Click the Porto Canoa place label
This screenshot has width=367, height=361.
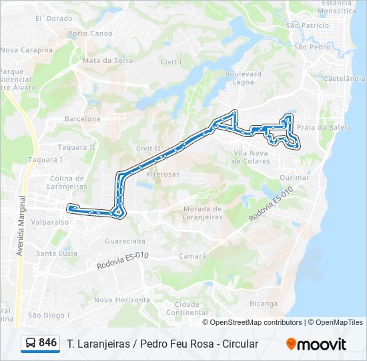[90, 33]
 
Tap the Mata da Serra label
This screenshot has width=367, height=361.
[107, 60]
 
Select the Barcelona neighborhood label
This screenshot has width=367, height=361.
[82, 119]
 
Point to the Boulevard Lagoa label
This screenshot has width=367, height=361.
[244, 78]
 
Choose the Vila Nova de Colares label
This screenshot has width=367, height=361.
[251, 157]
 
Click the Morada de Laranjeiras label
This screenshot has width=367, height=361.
[202, 213]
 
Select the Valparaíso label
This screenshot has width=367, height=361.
[51, 221]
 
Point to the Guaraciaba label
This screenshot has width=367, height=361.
[126, 240]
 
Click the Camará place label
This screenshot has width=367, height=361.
[193, 256]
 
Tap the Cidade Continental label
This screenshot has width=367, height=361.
[183, 308]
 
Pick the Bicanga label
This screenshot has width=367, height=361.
[263, 304]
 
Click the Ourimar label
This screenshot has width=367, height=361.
[294, 178]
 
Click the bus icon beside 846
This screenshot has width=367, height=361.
[31, 343]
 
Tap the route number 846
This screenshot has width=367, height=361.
[47, 343]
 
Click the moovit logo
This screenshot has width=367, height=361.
[316, 344]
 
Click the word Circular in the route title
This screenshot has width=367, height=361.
[236, 344]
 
